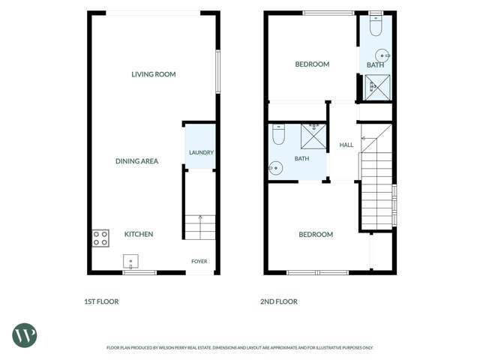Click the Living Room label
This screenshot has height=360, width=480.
[x=153, y=74]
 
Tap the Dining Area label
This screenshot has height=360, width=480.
[x=136, y=161]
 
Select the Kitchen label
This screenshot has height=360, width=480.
[x=139, y=234]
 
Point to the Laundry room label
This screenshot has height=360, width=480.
[x=201, y=152]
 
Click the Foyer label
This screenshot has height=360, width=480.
[x=199, y=262]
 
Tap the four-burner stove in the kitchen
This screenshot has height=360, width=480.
[x=100, y=238]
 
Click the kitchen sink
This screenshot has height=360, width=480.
[x=130, y=262]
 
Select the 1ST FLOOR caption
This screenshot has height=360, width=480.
[x=101, y=301]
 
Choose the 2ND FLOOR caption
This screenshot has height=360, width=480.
[x=279, y=301]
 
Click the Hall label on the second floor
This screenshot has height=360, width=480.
[x=346, y=145]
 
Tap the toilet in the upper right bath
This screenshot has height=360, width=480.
[x=376, y=25]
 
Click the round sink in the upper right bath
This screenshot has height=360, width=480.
[x=382, y=55]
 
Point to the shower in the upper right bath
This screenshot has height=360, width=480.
[x=377, y=87]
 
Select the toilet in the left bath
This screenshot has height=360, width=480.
[x=278, y=134]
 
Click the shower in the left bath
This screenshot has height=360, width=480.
[x=313, y=136]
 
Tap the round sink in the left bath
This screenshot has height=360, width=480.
[x=275, y=168]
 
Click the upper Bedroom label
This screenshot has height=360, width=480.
[x=312, y=64]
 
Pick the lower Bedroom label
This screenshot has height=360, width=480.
[x=316, y=235]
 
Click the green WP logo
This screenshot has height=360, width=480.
[x=25, y=335]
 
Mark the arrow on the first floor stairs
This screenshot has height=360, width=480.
[x=200, y=227]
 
